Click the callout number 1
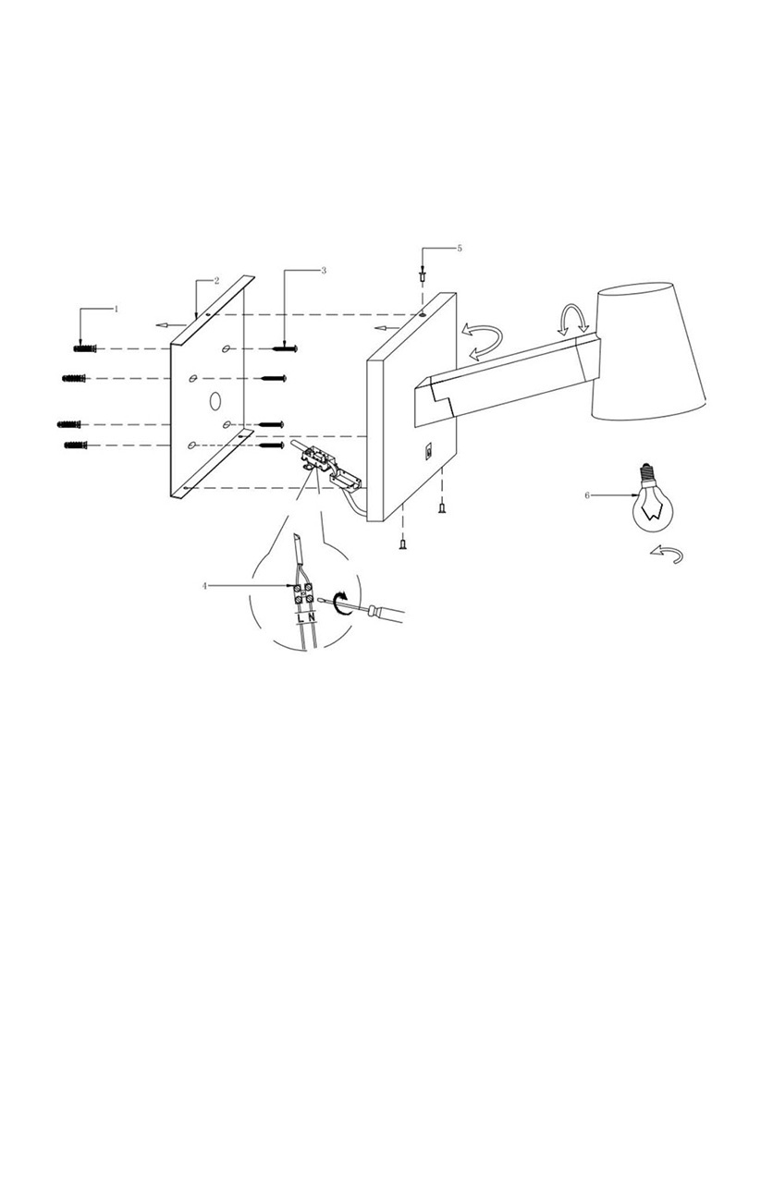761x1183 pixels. coord(117,309)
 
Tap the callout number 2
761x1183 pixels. coord(216,280)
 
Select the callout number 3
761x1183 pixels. coord(324,271)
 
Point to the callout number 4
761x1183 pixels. coord(205,586)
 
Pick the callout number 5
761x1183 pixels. coord(460,249)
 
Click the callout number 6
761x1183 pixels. coord(587,495)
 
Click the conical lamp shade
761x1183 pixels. coord(651,356)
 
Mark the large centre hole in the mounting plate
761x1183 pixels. coord(215,401)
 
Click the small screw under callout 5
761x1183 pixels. coord(423,275)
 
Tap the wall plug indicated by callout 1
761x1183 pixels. coord(83,348)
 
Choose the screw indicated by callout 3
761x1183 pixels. coord(284,349)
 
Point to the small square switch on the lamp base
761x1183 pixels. coord(429,451)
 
